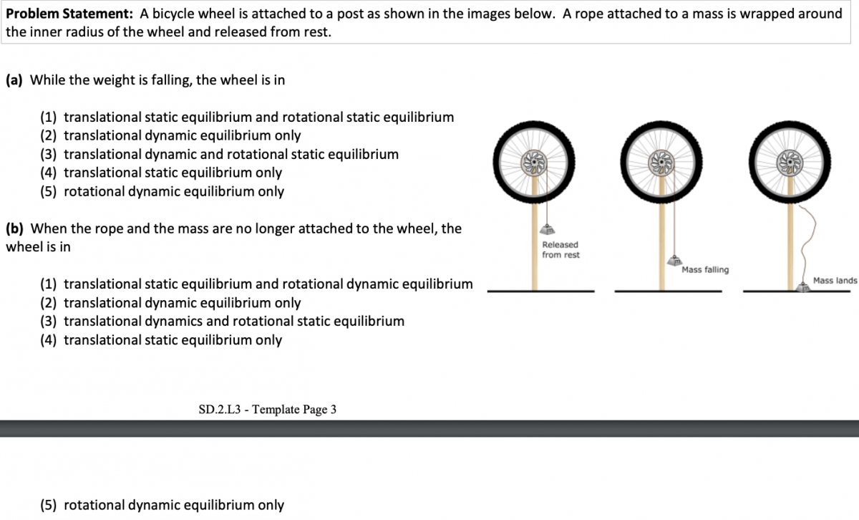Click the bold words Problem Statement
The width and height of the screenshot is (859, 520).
click(x=69, y=14)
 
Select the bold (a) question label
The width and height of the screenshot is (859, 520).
click(x=14, y=80)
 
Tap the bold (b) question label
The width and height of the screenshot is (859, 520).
click(x=14, y=228)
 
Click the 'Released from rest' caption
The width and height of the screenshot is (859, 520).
click(x=560, y=250)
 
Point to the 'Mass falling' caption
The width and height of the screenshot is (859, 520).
click(x=705, y=270)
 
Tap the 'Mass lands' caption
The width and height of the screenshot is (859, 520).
click(x=835, y=281)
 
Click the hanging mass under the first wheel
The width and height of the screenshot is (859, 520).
click(x=547, y=229)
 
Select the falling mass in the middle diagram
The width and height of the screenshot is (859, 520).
click(x=674, y=261)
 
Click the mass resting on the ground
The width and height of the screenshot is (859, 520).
click(x=803, y=287)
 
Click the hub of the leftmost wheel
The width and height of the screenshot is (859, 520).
click(x=534, y=163)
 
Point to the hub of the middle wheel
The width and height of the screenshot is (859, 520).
click(x=661, y=163)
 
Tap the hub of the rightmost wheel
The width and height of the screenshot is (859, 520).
click(x=790, y=163)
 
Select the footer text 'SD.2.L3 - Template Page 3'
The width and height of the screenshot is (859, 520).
click(x=267, y=410)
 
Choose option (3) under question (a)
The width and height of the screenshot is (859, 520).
click(x=219, y=154)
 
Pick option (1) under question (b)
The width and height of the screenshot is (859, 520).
click(x=256, y=284)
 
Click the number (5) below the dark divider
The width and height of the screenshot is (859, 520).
click(x=49, y=505)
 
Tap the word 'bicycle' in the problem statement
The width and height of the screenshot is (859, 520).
click(x=176, y=14)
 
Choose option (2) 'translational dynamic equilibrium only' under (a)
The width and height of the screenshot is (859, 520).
click(x=170, y=135)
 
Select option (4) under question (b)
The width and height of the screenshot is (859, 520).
click(x=161, y=340)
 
